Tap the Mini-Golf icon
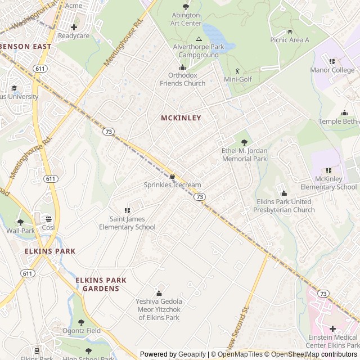point(237,71)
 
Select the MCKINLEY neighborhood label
point(181,118)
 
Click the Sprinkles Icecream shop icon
point(173,177)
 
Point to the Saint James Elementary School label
point(127,223)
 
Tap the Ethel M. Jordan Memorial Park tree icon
point(244,143)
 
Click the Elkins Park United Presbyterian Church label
point(284,206)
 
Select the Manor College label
point(332,70)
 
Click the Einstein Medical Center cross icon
point(332,328)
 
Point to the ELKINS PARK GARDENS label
point(101,284)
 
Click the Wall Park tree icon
point(21,222)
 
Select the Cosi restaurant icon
point(48,219)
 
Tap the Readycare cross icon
point(74,27)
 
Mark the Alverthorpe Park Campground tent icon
point(198,39)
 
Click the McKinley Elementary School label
point(328,183)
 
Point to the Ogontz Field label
point(81,331)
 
